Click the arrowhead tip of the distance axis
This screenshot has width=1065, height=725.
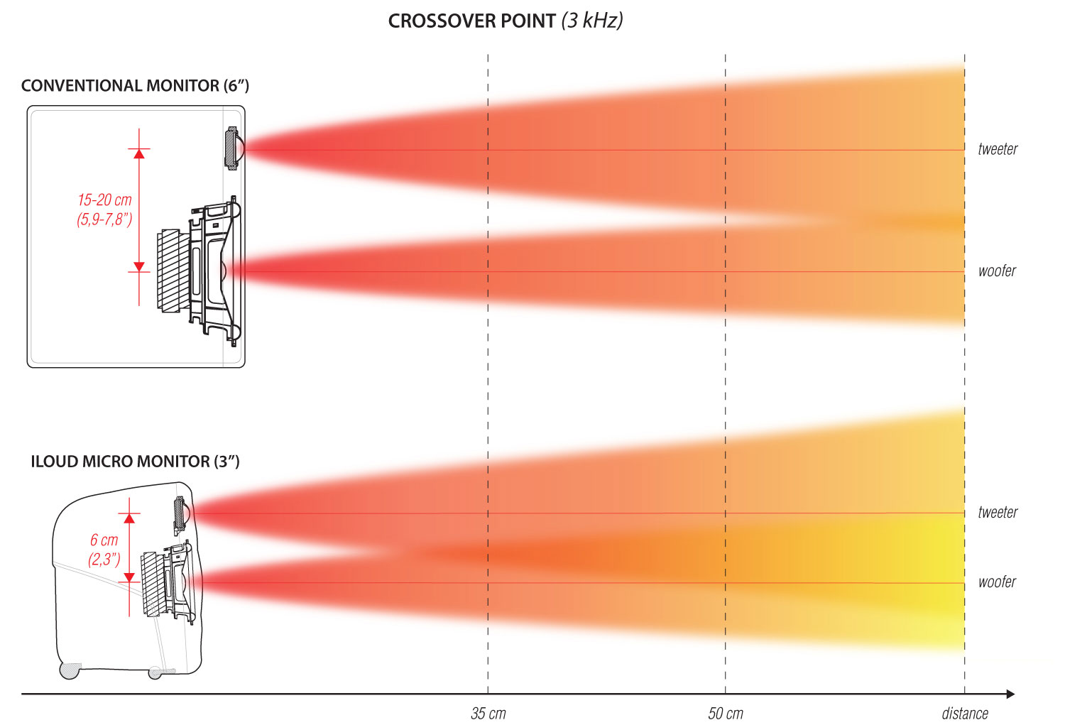coord(1015,694)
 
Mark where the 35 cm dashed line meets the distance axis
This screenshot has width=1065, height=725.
coord(488,694)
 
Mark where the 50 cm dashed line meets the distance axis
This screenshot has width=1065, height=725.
coord(725,694)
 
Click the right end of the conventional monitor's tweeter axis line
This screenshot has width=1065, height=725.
coord(965,151)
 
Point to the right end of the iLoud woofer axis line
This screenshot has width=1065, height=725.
coord(965,583)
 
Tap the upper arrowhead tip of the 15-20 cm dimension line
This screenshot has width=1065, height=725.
coord(139,149)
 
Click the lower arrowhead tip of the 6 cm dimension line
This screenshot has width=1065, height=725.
coord(129,582)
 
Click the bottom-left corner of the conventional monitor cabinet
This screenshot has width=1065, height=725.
coord(28,367)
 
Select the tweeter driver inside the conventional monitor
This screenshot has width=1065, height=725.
coord(234,148)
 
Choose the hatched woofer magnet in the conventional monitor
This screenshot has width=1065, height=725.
coord(169,271)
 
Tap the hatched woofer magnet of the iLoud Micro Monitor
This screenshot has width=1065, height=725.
coord(152,584)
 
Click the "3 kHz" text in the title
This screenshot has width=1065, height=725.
coord(592,21)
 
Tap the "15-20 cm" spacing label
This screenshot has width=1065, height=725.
coord(104,200)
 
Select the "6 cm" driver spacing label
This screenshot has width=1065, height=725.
coord(104,540)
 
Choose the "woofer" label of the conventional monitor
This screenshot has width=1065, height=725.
coord(997,271)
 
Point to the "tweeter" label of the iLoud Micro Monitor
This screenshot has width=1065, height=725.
coord(998,512)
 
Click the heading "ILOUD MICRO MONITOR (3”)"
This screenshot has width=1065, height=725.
coord(135,462)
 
